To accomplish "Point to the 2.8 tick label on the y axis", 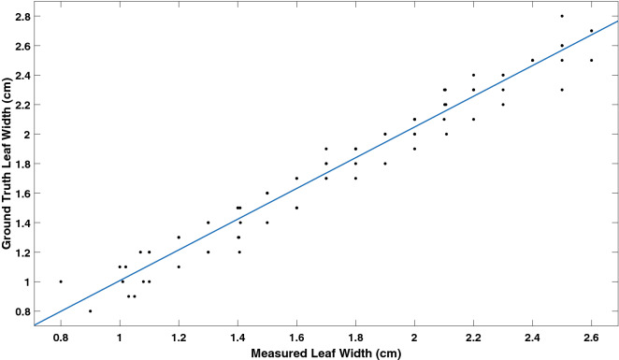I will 19,16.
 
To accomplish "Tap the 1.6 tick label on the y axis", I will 19,193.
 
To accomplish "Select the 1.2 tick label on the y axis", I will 19,252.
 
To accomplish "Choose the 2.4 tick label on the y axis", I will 19,75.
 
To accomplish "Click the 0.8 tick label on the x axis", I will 61,336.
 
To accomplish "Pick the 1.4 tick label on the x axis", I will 238,336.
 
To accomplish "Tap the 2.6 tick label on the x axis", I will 591,336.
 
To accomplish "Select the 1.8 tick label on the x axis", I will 355,336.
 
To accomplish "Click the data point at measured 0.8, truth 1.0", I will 61,281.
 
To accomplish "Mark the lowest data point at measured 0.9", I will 90,310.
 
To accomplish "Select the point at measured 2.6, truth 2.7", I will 591,31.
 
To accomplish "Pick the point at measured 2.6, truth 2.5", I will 591,60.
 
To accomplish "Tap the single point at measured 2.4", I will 532,60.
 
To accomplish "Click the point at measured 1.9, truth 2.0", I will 385,134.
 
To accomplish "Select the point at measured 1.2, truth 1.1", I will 179,266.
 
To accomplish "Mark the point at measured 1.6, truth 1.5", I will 296,208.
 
